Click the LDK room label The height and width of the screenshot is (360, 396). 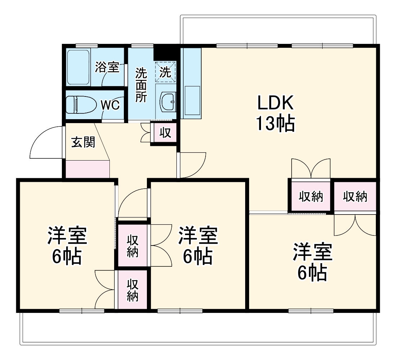click(275, 104)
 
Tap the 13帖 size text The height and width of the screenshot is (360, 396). click(275, 123)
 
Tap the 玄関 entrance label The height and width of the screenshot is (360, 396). click(83, 143)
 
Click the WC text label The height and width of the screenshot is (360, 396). click(110, 105)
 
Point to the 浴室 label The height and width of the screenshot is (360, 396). click(107, 67)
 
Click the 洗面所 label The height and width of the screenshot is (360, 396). click(141, 85)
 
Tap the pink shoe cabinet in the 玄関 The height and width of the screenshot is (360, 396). click(87, 169)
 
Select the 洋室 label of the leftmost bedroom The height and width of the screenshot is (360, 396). click(67, 236)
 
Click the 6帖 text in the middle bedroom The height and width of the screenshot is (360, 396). click(198, 257)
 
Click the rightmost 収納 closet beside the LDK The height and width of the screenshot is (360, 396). click(355, 197)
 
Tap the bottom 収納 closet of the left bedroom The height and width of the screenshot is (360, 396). click(132, 290)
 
